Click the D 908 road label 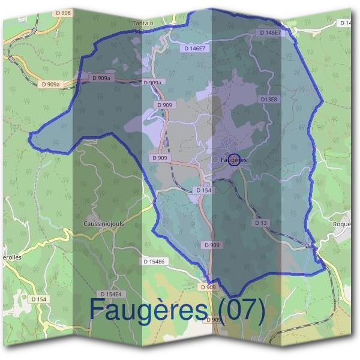coord(62,12)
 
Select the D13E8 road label coord(269,99)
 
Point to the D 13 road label coord(260,223)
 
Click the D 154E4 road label coord(110,294)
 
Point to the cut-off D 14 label coord(346,23)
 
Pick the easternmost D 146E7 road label coord(271,32)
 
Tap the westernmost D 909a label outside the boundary coord(50,85)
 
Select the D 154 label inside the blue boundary coord(205,190)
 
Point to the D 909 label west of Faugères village coord(160,158)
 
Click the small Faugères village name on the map coord(234,161)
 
